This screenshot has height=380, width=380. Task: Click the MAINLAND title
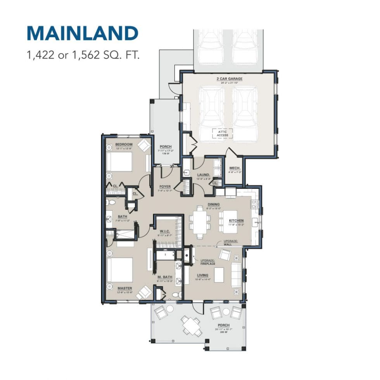[82, 33]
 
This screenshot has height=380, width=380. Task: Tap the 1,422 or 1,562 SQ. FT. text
[82, 54]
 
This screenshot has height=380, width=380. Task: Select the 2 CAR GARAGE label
[229, 79]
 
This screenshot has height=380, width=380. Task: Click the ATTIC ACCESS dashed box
[222, 133]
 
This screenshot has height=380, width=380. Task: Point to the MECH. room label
[235, 168]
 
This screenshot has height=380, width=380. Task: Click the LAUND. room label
[203, 175]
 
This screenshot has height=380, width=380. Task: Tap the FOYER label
[165, 187]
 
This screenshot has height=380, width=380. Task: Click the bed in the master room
[120, 269]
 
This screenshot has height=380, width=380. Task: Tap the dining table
[200, 222]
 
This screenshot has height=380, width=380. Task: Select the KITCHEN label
[236, 220]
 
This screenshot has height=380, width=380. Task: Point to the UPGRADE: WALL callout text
[228, 243]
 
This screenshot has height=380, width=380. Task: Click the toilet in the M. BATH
[175, 295]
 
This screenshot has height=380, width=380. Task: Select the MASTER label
[125, 288]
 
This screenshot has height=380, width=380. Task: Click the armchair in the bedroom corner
[144, 145]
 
